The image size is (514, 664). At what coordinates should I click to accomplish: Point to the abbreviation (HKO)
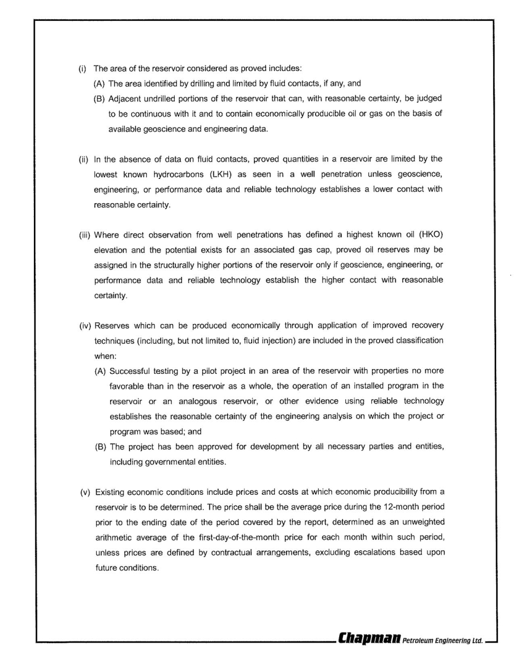point(431,235)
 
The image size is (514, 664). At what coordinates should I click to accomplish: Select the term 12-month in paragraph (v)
point(404,507)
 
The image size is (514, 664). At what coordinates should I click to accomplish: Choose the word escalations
point(374,552)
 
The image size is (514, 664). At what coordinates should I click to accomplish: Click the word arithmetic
point(115,537)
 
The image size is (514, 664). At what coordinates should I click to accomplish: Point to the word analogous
point(198,401)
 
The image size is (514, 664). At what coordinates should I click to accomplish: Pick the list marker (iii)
point(84,235)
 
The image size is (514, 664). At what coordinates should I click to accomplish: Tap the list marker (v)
point(85,492)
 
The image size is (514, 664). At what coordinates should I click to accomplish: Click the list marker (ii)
point(84,159)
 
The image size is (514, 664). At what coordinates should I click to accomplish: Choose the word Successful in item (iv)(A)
point(129,371)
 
